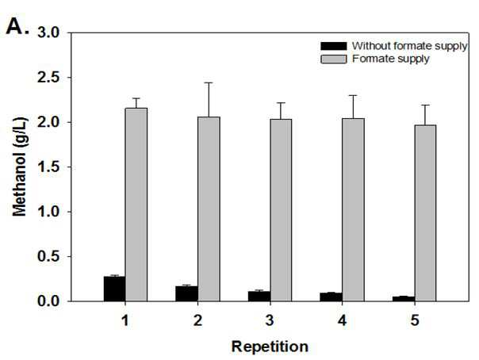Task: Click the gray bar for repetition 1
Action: tap(136, 205)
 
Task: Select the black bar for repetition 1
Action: tap(114, 289)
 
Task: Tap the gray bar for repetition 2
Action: tap(209, 209)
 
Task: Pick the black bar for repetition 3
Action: tap(259, 297)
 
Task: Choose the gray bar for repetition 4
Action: tap(353, 210)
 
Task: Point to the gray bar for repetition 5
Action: tap(425, 213)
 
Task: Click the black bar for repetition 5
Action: tap(404, 299)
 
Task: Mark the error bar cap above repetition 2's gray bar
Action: tap(209, 82)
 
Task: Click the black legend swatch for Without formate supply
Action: tap(334, 46)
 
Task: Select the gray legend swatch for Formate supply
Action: tap(334, 59)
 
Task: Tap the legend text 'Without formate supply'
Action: tap(410, 46)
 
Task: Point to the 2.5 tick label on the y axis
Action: tap(48, 78)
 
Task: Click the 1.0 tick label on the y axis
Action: tap(48, 212)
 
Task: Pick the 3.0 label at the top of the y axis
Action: tap(48, 33)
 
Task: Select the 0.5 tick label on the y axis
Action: tap(48, 256)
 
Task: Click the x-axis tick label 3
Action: tap(270, 320)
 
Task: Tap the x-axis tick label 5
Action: tap(415, 320)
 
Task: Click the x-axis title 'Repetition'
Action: tap(270, 347)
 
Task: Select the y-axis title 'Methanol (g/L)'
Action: tap(20, 167)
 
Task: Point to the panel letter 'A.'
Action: tap(17, 26)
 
